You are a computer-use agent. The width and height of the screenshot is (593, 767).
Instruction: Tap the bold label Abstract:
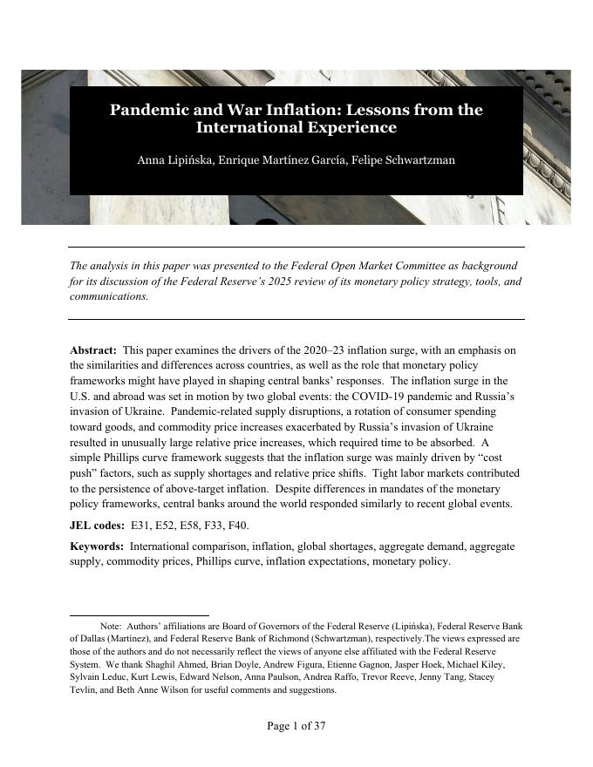92,350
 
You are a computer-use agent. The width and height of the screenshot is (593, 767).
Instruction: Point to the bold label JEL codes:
96,526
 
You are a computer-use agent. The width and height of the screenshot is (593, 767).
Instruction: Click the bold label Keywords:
96,546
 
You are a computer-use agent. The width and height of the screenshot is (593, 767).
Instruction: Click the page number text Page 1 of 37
296,725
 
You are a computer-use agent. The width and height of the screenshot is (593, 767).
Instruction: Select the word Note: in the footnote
111,626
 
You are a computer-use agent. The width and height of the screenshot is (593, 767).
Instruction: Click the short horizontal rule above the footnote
139,615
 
